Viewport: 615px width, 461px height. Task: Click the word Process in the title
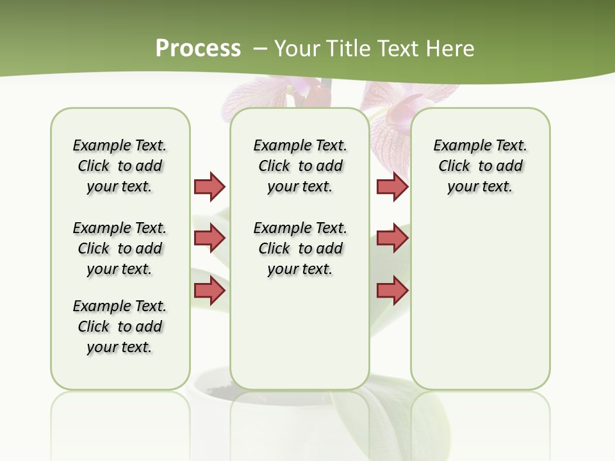tap(198, 48)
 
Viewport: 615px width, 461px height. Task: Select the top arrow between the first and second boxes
tap(209, 186)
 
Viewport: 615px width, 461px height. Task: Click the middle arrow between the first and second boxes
tap(209, 238)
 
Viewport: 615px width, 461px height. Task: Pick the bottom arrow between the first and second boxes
tap(209, 290)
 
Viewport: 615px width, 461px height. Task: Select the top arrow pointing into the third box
tap(392, 186)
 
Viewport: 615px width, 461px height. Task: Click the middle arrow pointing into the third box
tap(392, 238)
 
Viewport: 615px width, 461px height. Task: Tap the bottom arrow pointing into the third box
tap(392, 290)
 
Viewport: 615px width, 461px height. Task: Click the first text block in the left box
tap(120, 166)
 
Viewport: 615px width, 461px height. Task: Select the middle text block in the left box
tap(120, 248)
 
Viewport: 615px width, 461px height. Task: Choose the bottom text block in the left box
tap(120, 327)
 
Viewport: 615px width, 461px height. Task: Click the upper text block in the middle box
tap(300, 166)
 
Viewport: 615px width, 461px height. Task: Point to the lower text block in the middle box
tap(300, 248)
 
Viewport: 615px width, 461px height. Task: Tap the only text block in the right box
tap(480, 166)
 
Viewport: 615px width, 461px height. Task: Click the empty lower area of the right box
tap(480, 301)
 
